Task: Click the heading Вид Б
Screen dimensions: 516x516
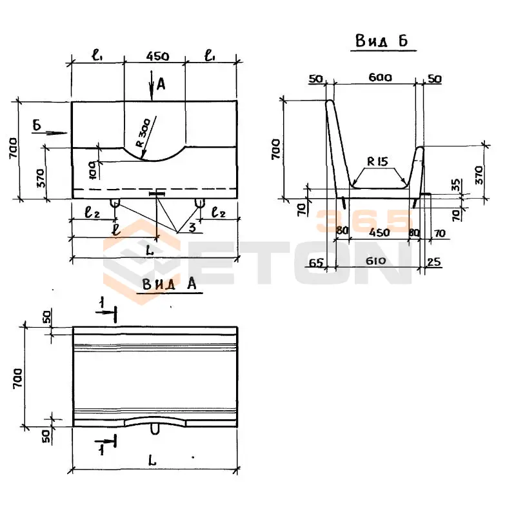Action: click(x=384, y=41)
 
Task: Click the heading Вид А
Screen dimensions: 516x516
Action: click(x=169, y=284)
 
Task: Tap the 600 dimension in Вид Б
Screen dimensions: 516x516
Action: click(x=380, y=77)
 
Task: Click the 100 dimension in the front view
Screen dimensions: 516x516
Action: click(x=92, y=170)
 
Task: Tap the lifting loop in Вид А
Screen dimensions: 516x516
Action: click(x=155, y=429)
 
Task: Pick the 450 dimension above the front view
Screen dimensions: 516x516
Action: click(x=157, y=57)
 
